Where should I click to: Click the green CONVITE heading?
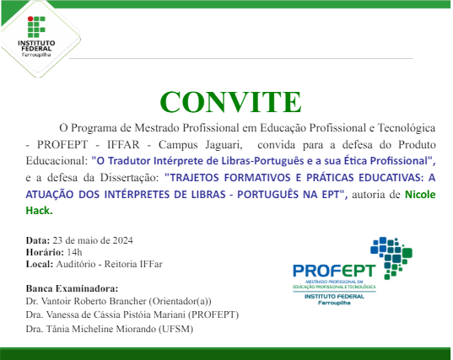[230, 100]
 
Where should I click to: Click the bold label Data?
[38, 240]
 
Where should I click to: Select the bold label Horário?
[44, 252]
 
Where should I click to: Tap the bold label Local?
[40, 264]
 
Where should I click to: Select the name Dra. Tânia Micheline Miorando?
[96, 328]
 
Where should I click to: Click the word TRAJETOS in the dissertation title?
[198, 178]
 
